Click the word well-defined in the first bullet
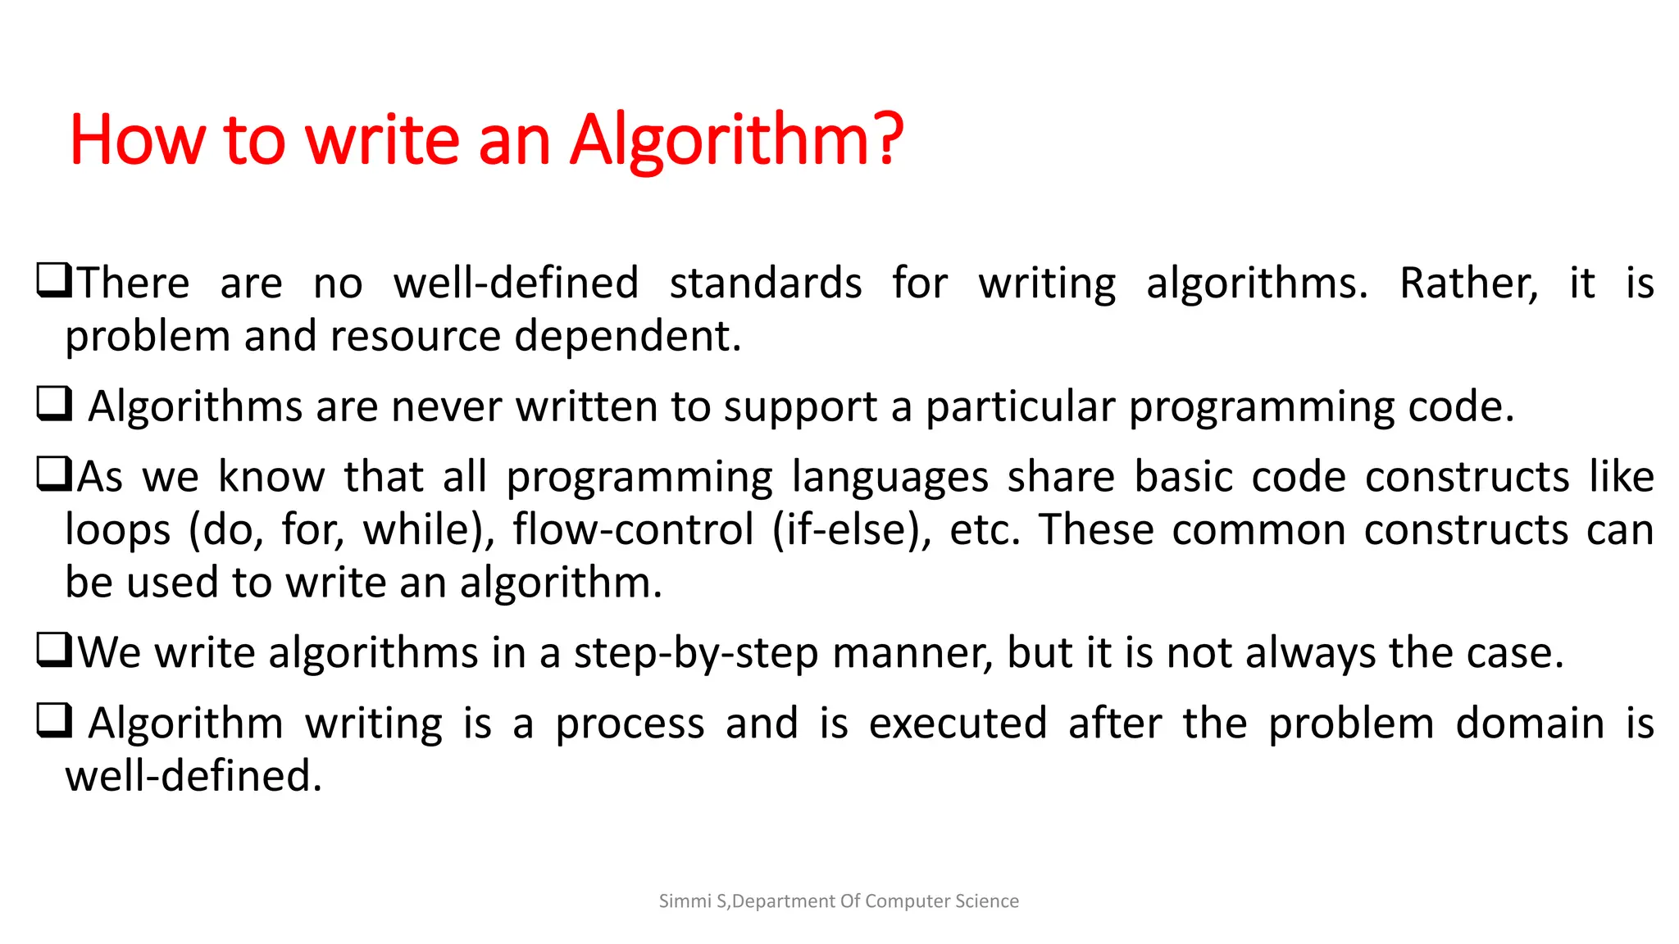516,284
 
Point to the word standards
765,284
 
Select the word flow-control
633,530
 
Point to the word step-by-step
695,654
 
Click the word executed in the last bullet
958,724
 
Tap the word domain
1530,724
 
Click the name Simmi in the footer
685,901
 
